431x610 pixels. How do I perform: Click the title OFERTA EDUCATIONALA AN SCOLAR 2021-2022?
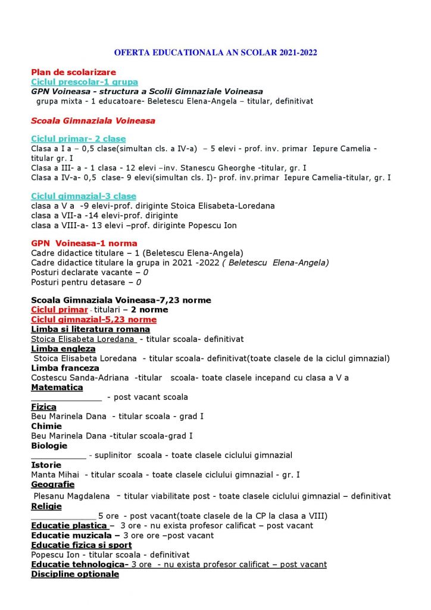pos(215,53)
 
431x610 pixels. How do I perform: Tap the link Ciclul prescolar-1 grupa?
pos(84,82)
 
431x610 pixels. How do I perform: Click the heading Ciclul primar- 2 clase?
pos(78,139)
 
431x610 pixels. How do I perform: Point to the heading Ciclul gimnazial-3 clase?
pos(83,196)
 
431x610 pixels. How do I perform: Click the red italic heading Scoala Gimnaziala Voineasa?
pos(93,120)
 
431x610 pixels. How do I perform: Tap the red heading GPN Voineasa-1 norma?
pos(84,243)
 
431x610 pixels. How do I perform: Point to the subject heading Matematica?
pos(57,387)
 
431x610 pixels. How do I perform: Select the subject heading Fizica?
pos(44,407)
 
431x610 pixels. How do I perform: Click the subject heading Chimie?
pos(46,426)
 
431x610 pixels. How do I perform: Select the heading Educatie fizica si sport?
pos(81,545)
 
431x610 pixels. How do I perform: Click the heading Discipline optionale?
pos(74,574)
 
